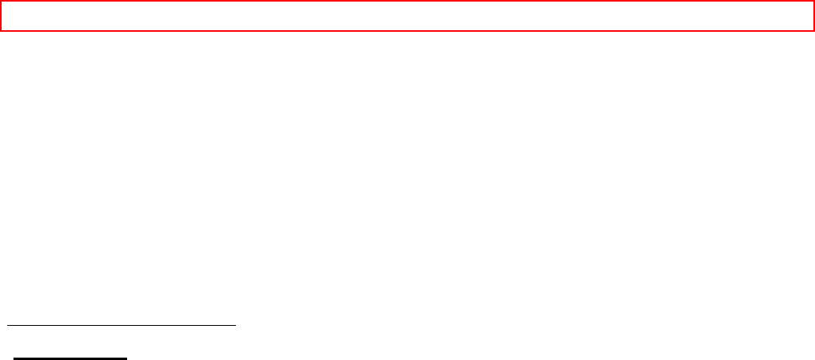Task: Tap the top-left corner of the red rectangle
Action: (1, 2)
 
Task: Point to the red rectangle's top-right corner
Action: (813, 2)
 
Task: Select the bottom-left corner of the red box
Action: (1, 30)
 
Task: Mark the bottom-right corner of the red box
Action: (813, 30)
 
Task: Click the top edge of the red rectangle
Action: (407, 2)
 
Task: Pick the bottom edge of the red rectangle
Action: (407, 30)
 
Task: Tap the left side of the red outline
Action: (1, 16)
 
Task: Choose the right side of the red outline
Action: (813, 16)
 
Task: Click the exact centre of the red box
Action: (407, 16)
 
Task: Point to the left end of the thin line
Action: (7, 324)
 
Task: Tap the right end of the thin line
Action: (236, 324)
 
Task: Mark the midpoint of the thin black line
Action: (122, 324)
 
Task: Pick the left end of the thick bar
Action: (14, 358)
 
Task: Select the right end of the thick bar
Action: (126, 358)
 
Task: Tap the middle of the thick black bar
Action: (71, 358)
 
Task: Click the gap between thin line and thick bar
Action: (71, 341)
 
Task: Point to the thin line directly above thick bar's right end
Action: (126, 324)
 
